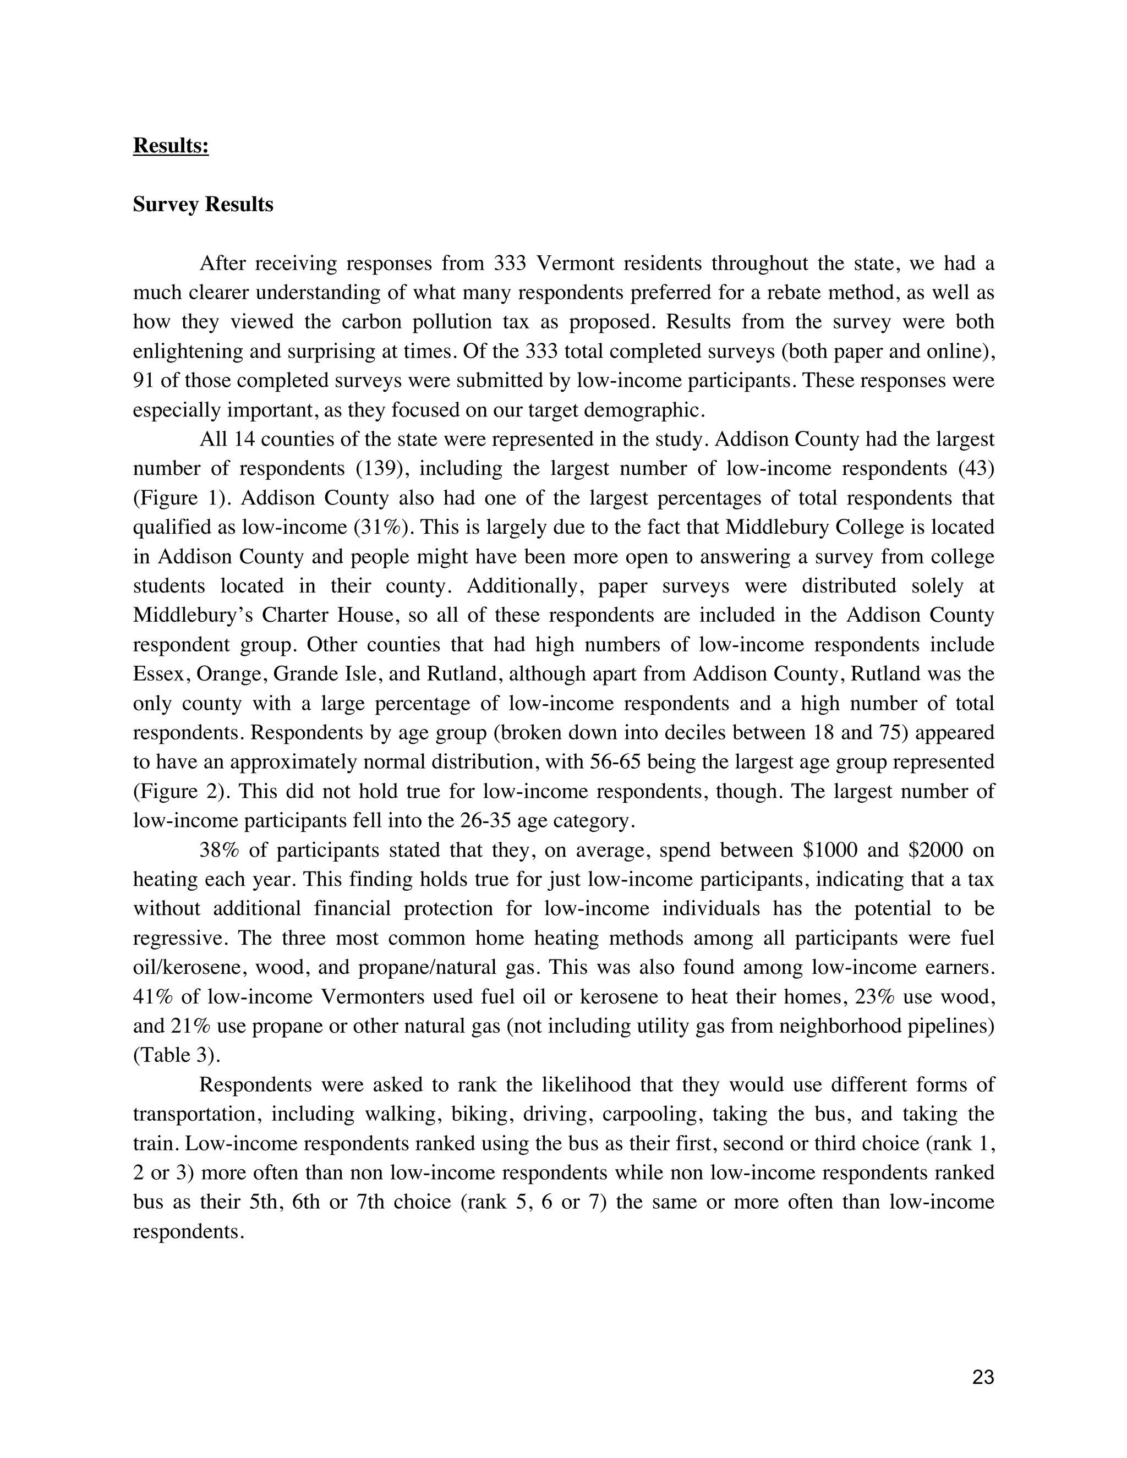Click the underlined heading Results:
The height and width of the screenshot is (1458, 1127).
coord(171,146)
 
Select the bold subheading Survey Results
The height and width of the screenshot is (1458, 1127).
coord(203,204)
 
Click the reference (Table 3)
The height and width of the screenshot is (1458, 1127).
coord(177,1055)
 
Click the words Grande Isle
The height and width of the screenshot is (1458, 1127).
coord(326,675)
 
